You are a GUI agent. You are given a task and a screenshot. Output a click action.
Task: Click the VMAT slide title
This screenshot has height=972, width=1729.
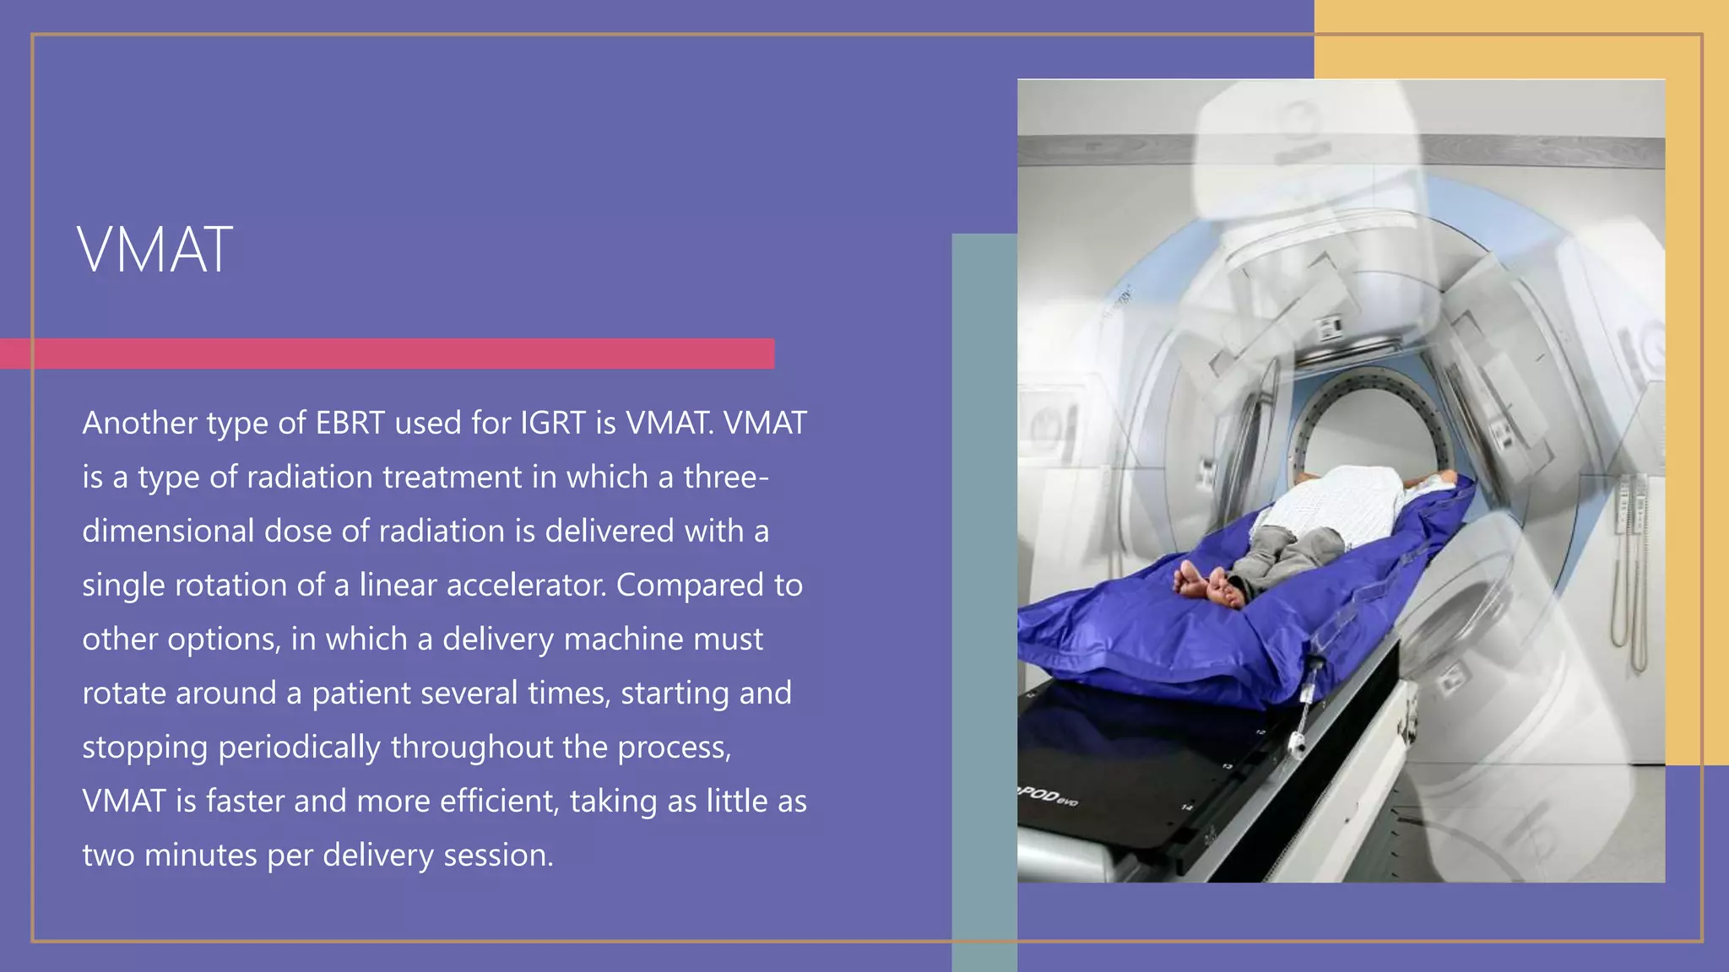coord(154,251)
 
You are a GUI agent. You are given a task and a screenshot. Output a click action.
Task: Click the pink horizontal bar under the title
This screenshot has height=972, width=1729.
coord(387,354)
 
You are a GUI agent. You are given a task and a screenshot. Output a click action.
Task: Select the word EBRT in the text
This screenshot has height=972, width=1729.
coord(350,423)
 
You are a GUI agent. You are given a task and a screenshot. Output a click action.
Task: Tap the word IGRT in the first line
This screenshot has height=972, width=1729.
coord(552,423)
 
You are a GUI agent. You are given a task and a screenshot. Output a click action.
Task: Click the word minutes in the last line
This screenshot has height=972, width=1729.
coord(201,855)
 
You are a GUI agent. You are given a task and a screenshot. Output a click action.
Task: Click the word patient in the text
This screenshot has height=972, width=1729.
coord(361,694)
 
